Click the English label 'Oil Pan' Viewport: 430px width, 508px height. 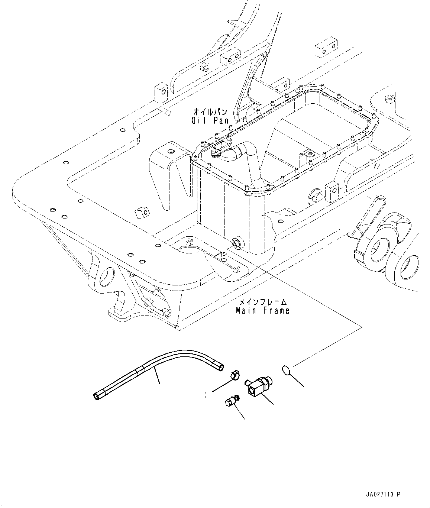click(x=210, y=120)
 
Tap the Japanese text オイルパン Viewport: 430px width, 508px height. click(x=210, y=111)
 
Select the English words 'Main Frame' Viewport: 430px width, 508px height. click(x=262, y=310)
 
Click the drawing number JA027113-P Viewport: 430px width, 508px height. click(x=382, y=494)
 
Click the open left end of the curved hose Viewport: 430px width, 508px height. click(x=96, y=397)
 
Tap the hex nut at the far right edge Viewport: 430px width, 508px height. click(x=389, y=99)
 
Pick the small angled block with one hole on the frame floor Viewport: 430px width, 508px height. click(x=142, y=211)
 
